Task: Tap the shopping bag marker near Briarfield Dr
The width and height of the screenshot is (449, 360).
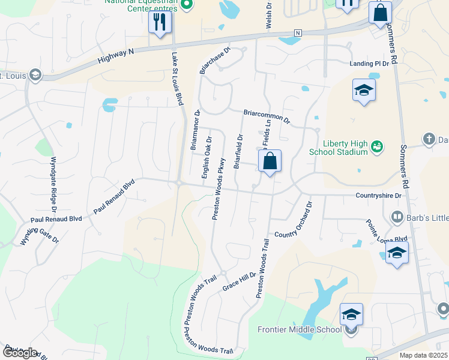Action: [x=270, y=161]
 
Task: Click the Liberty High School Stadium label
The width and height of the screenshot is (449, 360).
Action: [x=345, y=147]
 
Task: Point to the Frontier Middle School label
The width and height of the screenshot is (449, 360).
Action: [x=299, y=329]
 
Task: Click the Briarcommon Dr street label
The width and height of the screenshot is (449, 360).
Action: [x=267, y=116]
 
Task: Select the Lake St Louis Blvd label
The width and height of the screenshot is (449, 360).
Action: [x=176, y=79]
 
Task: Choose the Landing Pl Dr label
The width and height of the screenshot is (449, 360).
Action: [x=370, y=64]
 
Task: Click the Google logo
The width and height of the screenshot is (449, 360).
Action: [x=20, y=353]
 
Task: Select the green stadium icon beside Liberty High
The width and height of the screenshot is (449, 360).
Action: [x=377, y=145]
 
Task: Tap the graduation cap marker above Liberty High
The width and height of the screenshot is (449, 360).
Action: [x=364, y=91]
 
